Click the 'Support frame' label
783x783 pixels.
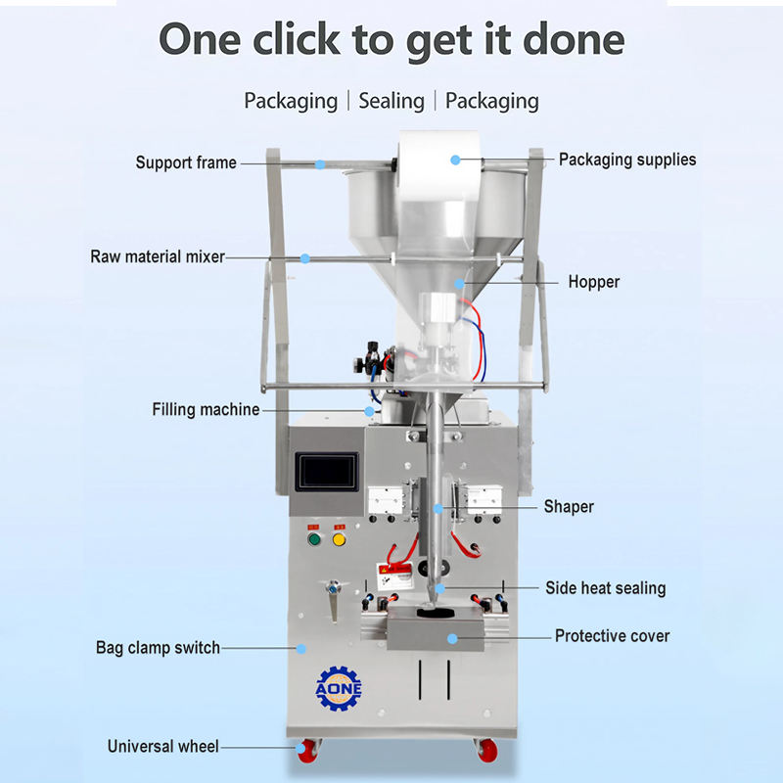coord(186,162)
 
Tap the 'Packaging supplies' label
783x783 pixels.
coord(627,159)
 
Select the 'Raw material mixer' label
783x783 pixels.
coord(158,257)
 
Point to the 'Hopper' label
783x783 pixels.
coord(594,282)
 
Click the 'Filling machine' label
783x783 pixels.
coord(206,409)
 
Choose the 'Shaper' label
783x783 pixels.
coord(569,507)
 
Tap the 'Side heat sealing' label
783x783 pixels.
coord(605,588)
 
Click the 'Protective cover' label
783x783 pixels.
coord(612,636)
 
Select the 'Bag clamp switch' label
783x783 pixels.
coord(158,647)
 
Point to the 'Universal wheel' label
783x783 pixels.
coord(162,747)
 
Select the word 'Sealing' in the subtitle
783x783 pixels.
coord(391,101)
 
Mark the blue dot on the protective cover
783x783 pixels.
coord(453,637)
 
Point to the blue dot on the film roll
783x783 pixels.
coord(455,159)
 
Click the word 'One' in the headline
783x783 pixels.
coord(201,40)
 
